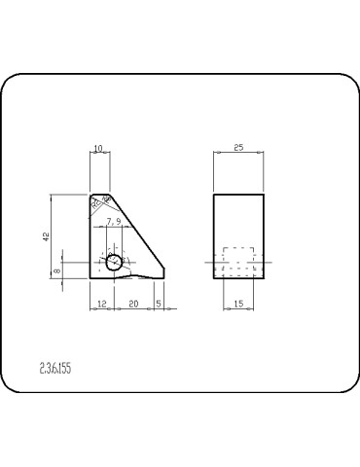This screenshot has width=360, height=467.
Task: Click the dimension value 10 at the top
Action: (97, 148)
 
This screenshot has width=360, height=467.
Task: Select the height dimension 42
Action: (46, 236)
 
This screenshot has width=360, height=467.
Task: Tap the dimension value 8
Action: (56, 270)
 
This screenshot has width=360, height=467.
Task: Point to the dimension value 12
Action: (101, 304)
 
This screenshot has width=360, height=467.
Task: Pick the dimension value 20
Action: (132, 304)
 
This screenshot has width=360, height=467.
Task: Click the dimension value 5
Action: (158, 304)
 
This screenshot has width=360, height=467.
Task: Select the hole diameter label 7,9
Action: (114, 222)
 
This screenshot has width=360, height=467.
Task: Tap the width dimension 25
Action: (238, 148)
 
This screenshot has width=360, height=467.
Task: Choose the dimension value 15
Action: (238, 304)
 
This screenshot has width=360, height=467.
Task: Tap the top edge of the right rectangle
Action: (238, 195)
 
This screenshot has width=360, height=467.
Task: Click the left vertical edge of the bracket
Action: (90, 238)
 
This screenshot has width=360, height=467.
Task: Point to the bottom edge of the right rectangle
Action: (238, 278)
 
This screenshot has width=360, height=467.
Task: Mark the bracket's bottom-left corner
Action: (90, 278)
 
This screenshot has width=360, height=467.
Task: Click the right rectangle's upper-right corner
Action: (264, 195)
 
